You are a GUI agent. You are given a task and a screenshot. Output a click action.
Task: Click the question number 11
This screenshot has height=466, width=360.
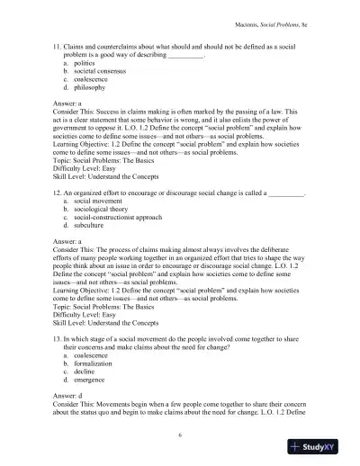tap(58, 45)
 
